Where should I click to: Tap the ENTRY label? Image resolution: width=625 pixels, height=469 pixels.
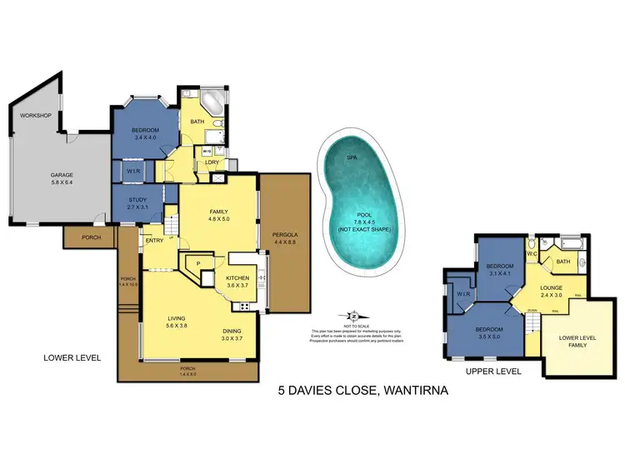155,241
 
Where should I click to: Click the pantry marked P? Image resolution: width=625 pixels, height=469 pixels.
198,265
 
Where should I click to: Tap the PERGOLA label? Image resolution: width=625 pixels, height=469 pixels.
285,238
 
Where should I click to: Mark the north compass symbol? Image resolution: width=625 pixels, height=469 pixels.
355,317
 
